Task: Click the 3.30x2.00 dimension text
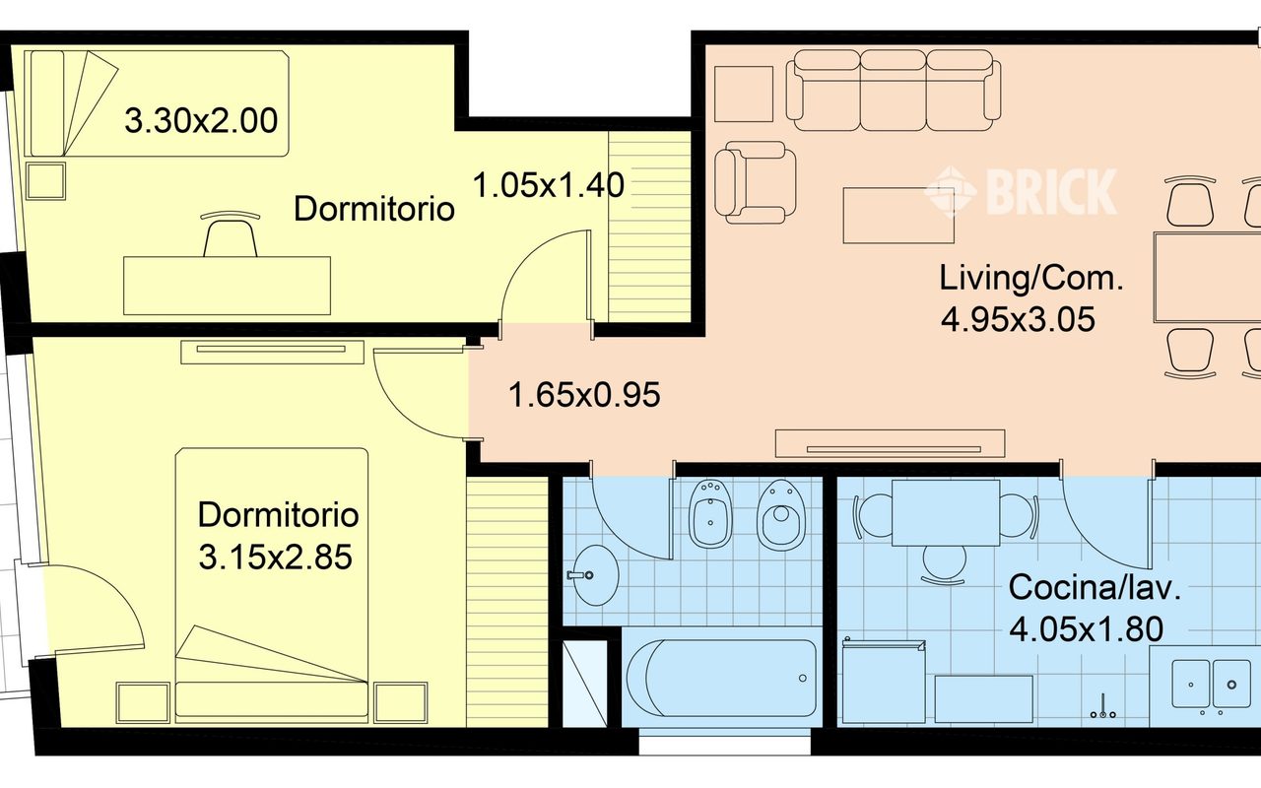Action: tap(201, 121)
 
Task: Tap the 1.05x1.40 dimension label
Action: tap(549, 185)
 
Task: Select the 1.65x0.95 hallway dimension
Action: tap(584, 395)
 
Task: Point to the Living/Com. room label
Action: tap(1031, 279)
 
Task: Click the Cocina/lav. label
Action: tap(1094, 588)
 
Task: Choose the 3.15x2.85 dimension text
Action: tap(275, 558)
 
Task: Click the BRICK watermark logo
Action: tap(1021, 191)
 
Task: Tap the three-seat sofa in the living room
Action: tap(894, 90)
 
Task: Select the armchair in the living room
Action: tap(755, 182)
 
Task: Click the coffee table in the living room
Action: tap(898, 216)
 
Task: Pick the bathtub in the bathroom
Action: tap(721, 678)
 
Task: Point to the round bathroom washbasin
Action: tap(593, 574)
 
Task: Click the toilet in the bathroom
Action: tap(781, 514)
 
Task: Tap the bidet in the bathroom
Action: tap(710, 513)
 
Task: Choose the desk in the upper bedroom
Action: tap(227, 286)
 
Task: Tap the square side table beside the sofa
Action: tap(744, 94)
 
